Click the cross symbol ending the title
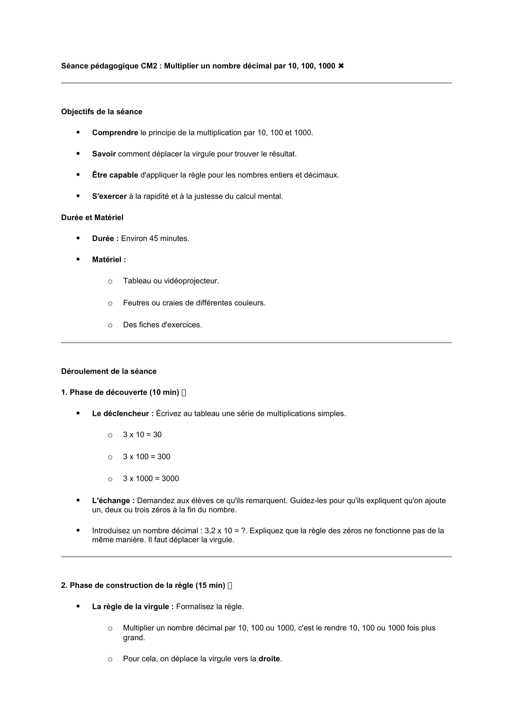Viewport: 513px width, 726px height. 341,66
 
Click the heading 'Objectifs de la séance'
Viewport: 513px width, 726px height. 102,112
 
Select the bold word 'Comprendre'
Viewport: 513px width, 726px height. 115,133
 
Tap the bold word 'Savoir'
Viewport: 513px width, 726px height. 104,154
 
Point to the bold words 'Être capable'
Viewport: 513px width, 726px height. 115,175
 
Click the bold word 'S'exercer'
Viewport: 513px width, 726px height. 109,196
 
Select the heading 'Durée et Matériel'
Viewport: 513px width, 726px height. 92,218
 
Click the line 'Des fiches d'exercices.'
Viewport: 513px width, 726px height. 162,325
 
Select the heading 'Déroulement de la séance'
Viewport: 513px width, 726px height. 109,371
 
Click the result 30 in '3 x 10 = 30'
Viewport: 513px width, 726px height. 157,435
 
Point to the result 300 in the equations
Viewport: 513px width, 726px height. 164,457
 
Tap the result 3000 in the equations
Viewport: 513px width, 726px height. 170,478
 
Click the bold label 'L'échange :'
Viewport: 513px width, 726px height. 114,501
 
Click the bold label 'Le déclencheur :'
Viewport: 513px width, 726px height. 123,413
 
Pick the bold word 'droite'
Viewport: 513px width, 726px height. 269,659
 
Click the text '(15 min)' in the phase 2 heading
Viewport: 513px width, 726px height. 210,585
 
